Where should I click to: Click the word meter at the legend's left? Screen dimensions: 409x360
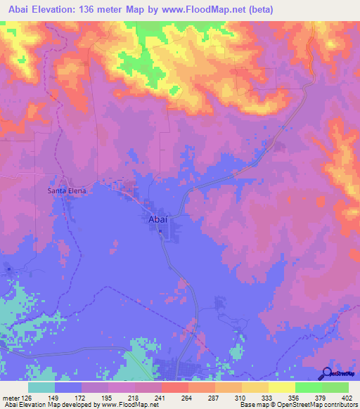(x=11, y=398)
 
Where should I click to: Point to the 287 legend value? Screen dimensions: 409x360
(x=215, y=398)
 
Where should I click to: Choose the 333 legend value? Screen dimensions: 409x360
(x=269, y=398)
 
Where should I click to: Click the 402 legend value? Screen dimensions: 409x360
(x=348, y=398)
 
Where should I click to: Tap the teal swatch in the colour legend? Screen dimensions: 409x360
(x=41, y=387)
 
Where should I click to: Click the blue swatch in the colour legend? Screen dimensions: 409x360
(x=68, y=387)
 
